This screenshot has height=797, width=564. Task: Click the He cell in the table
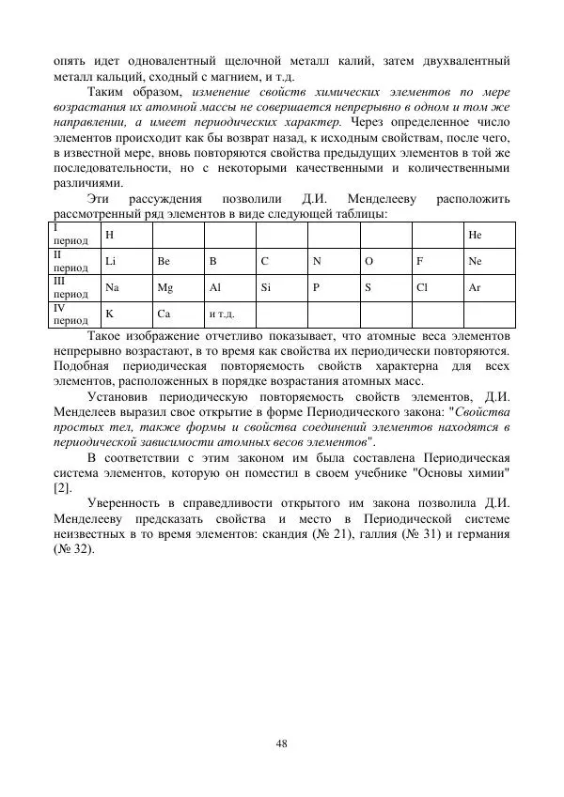pos(474,235)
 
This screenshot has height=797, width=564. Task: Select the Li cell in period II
pos(111,261)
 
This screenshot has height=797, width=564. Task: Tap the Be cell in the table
pos(164,261)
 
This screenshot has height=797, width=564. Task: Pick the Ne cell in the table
pos(475,261)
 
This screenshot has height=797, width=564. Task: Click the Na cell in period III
pos(112,287)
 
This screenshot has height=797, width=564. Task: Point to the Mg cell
pos(165,287)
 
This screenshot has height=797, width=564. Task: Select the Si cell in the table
pos(266,287)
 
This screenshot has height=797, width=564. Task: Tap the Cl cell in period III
pos(421,287)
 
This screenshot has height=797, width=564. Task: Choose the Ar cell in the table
pos(474,287)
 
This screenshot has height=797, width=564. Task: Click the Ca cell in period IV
pos(164,314)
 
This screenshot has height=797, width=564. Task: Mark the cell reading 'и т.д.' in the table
pos(222,314)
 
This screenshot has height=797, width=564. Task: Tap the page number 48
pos(281,743)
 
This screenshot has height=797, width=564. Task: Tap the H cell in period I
pos(109,235)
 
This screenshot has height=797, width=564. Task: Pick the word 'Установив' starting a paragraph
pos(117,397)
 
